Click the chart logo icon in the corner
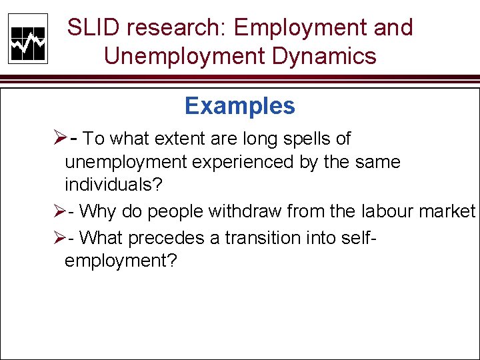(x=28, y=39)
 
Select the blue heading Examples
(x=240, y=105)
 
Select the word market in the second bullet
(x=447, y=212)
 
